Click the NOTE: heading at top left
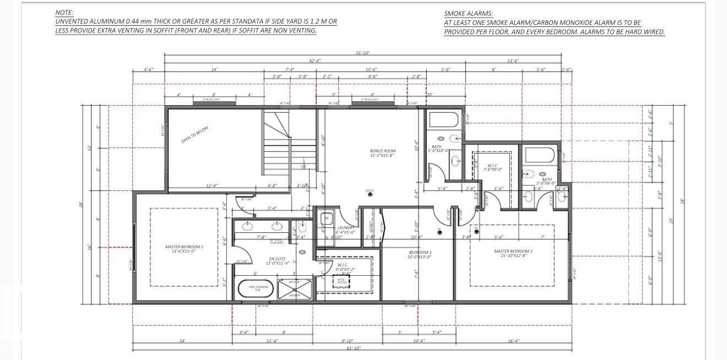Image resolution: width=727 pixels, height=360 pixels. click(x=64, y=12)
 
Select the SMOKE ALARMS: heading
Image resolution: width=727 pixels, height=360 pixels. click(x=469, y=13)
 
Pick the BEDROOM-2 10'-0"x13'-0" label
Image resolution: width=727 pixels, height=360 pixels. click(x=419, y=254)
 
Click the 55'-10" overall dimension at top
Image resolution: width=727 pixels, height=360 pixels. click(x=362, y=53)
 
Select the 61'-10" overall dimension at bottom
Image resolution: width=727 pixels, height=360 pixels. click(x=354, y=349)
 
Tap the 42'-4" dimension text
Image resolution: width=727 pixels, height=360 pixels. click(x=314, y=61)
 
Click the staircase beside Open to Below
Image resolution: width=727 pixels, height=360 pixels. click(x=276, y=146)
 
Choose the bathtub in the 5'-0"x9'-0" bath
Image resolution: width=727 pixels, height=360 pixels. click(x=540, y=155)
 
